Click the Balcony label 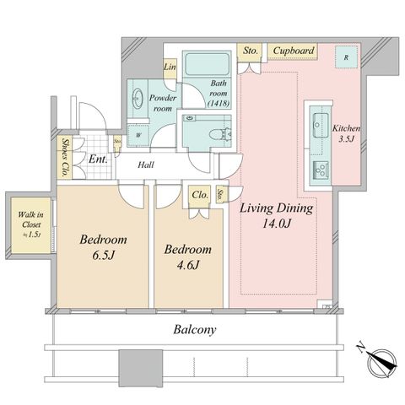click(195, 330)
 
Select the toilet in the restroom click(220, 134)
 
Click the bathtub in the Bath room click(207, 63)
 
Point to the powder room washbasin click(138, 99)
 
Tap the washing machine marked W click(138, 135)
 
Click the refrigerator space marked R click(347, 57)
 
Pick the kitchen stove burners click(321, 170)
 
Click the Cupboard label click(294, 51)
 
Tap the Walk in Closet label click(31, 224)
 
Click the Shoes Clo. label click(65, 157)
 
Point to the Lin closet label click(170, 67)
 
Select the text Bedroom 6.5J click(103, 247)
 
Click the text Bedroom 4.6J click(188, 256)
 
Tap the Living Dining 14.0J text click(277, 215)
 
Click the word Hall click(146, 165)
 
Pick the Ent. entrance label click(98, 159)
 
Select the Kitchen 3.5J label click(346, 133)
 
